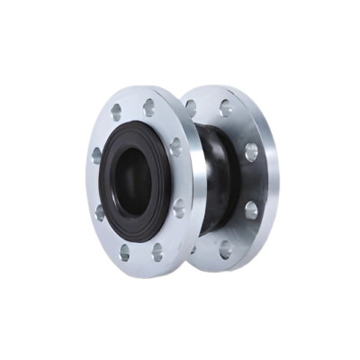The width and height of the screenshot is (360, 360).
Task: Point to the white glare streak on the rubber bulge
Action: pyautogui.click(x=213, y=148)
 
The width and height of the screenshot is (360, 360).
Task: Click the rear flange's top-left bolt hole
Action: pyautogui.click(x=191, y=106)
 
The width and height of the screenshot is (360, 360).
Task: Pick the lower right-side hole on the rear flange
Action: pyautogui.click(x=251, y=211)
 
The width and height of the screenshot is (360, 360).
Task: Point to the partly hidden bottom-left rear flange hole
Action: pyautogui.click(x=193, y=248)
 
